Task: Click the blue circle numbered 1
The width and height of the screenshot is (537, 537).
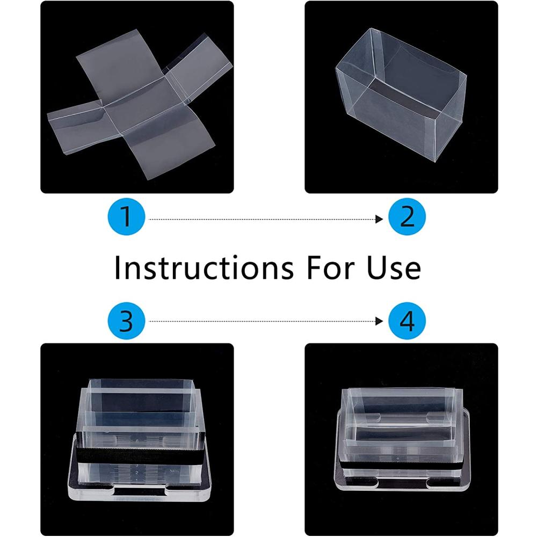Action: click(x=126, y=217)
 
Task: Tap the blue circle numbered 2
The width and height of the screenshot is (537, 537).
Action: click(x=407, y=217)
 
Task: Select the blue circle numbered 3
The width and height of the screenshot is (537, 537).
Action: click(x=126, y=321)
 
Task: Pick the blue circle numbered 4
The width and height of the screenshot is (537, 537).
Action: click(x=407, y=321)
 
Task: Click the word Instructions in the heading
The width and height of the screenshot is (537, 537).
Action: click(x=204, y=267)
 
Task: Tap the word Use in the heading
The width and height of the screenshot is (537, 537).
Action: click(x=394, y=267)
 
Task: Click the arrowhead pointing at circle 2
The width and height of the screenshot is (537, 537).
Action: click(x=379, y=219)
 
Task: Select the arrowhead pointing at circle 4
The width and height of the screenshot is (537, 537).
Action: click(x=379, y=321)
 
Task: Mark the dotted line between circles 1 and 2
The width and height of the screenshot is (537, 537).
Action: click(x=263, y=219)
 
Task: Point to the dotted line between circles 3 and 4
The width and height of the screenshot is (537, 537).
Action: click(x=263, y=321)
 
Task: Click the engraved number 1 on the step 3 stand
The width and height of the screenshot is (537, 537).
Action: click(x=137, y=480)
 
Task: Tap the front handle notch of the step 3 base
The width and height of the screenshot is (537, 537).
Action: click(x=140, y=491)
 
